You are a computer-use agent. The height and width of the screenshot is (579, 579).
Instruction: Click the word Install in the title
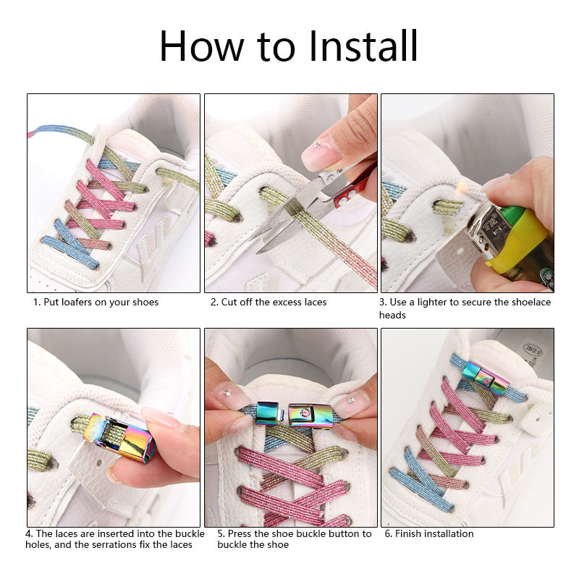(x=363, y=46)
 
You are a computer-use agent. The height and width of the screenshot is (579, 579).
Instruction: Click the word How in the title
(x=202, y=46)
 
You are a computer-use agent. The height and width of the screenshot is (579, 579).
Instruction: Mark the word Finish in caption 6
(x=409, y=533)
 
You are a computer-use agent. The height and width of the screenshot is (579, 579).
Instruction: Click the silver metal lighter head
(x=486, y=229)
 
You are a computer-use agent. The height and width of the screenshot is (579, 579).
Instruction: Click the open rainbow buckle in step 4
(x=122, y=437)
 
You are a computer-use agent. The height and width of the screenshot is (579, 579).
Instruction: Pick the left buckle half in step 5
(x=269, y=413)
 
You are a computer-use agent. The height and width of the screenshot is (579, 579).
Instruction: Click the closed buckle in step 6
(x=485, y=376)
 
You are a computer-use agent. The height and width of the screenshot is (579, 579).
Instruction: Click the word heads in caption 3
(x=392, y=315)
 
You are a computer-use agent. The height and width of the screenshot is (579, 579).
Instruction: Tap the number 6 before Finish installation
(x=388, y=533)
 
